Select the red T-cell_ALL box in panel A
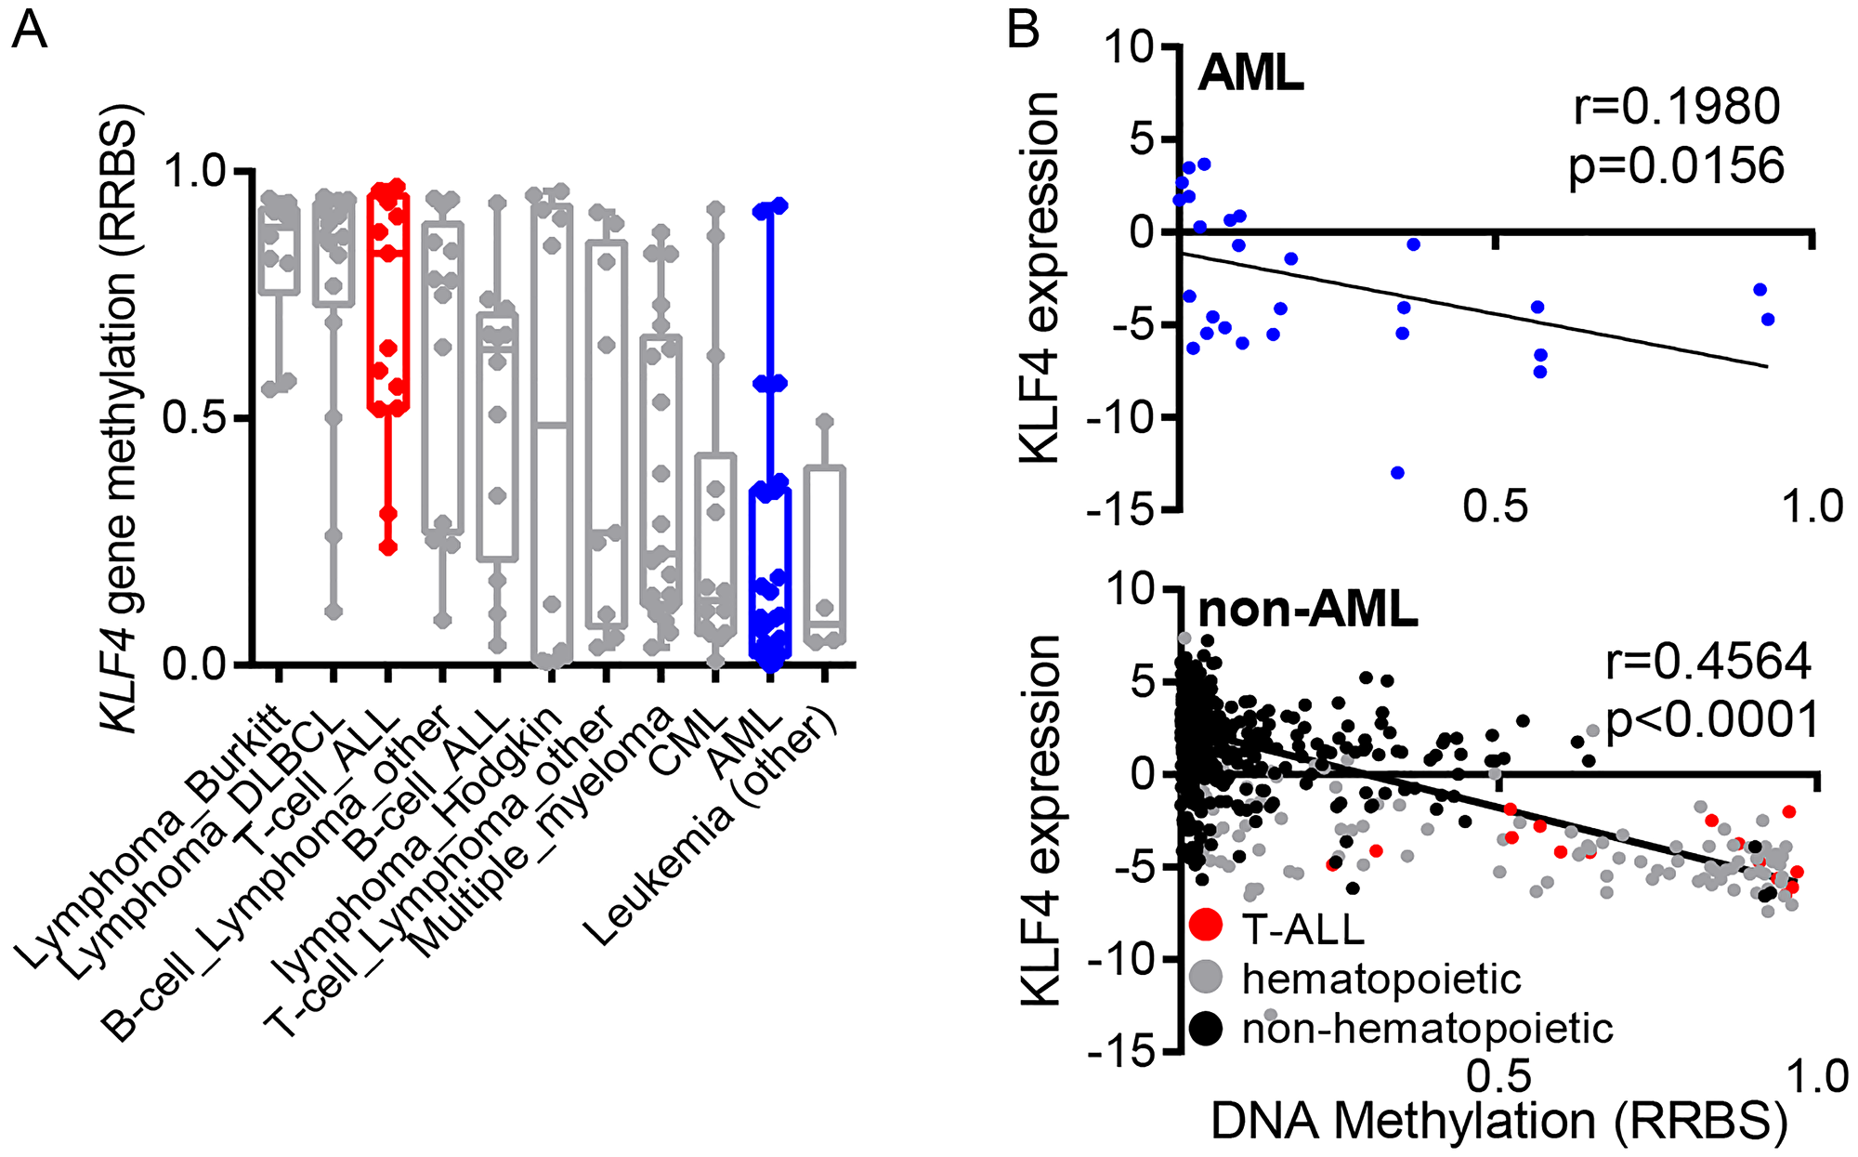(387, 297)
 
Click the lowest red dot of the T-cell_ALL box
(387, 547)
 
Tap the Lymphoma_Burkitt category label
(153, 836)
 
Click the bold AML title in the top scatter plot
(1250, 72)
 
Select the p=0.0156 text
(1677, 166)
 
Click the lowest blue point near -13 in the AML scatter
(1397, 473)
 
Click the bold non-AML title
(1308, 611)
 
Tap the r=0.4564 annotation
(1708, 662)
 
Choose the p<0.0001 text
(1711, 720)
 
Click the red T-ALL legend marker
(1206, 924)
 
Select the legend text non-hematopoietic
(1427, 1028)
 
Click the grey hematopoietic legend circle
(1206, 976)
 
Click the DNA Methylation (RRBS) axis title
(1498, 1121)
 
